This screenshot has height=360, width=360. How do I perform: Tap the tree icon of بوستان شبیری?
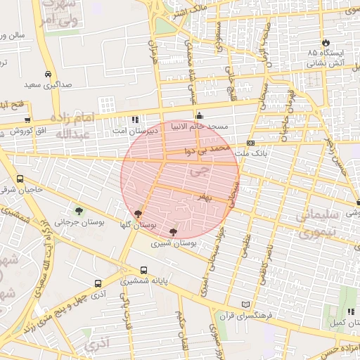coord(173,231)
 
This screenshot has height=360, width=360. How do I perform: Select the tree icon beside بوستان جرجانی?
coord(78,210)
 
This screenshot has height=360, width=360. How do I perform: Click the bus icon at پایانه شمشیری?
coord(143,270)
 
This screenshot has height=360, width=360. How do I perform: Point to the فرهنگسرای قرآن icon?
coord(245,304)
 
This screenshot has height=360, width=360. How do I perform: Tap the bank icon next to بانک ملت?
coord(250,143)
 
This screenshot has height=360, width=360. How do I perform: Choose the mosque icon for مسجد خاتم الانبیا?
coord(199,116)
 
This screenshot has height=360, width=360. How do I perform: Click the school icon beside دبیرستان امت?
coord(135,119)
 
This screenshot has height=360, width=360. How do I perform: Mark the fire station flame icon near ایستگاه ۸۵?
coord(325,41)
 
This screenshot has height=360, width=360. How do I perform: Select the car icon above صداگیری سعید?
coord(48,74)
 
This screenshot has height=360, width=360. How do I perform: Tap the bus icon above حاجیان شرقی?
coord(20,179)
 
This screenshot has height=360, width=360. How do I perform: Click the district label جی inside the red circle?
coord(199,169)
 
